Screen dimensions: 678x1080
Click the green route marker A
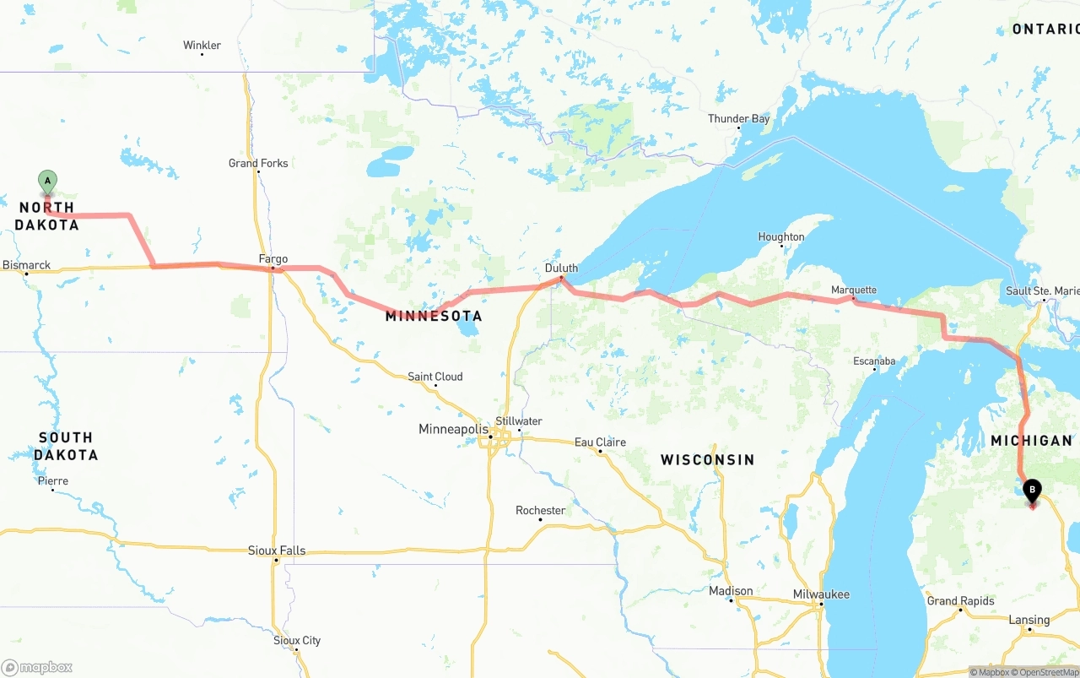(x=48, y=181)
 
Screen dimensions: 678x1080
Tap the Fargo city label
(x=273, y=259)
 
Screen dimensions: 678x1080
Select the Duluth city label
(x=561, y=268)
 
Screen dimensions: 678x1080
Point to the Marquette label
(x=854, y=290)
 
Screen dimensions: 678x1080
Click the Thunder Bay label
(x=738, y=119)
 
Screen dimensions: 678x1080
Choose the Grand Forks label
(x=258, y=163)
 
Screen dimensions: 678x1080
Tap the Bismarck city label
(x=26, y=265)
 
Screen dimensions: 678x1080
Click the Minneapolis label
(x=453, y=430)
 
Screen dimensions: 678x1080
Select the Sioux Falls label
(x=277, y=551)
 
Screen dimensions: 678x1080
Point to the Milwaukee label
(x=821, y=594)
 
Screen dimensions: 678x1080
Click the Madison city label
(x=731, y=591)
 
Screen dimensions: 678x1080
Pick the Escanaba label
(x=874, y=361)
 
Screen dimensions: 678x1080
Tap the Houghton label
(x=781, y=237)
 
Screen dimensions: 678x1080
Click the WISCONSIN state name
(x=707, y=460)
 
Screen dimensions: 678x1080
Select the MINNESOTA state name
(x=434, y=316)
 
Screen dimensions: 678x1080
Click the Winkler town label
(x=202, y=46)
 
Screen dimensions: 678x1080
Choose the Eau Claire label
(x=600, y=442)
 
